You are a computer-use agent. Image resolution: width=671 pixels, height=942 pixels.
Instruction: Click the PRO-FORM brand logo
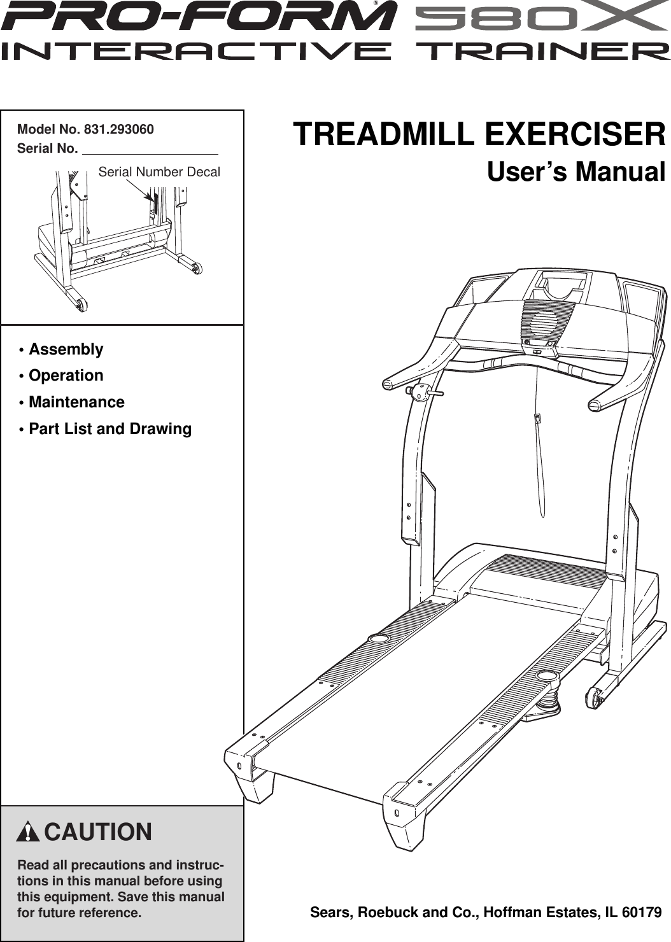197,17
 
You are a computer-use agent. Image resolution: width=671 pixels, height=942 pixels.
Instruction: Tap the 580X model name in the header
541,17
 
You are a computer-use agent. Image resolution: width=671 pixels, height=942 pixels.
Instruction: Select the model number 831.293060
118,129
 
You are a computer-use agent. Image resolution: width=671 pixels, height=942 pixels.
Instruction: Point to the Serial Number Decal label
159,172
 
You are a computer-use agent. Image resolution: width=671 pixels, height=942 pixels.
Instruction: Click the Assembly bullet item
66,349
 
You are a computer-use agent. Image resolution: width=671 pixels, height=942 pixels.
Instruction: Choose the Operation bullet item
66,376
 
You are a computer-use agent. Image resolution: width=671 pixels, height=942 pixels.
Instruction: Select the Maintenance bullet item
76,402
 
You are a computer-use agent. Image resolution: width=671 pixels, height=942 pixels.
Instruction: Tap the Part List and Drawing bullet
109,429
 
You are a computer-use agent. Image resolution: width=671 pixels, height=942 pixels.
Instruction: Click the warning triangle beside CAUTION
29,832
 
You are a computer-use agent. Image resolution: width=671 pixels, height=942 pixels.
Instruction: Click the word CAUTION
98,832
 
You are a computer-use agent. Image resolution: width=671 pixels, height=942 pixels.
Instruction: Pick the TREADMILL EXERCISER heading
479,134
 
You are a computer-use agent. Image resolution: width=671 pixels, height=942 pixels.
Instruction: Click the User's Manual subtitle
576,172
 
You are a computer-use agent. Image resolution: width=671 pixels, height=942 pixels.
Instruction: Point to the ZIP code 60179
641,912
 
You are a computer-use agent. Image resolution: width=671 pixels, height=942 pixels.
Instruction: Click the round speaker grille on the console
545,321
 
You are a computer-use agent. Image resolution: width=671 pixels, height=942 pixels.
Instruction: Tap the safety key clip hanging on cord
537,418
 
